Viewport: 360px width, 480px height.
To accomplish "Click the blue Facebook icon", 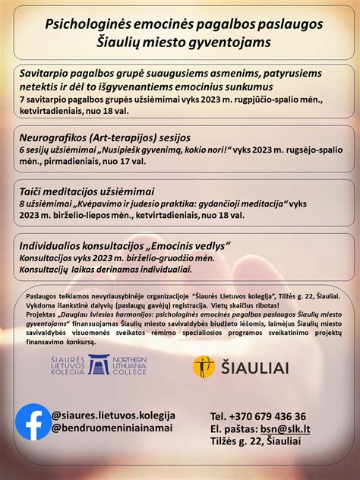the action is (33, 422).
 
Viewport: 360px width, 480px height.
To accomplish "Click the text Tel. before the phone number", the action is (219, 416).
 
